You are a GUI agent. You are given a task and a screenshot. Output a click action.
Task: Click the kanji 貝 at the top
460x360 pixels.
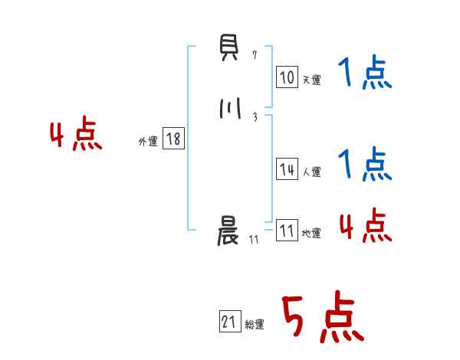click(x=228, y=54)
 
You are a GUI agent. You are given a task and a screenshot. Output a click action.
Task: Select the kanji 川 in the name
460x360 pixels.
click(x=228, y=108)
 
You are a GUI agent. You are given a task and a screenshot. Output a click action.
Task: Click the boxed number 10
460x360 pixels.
click(x=287, y=77)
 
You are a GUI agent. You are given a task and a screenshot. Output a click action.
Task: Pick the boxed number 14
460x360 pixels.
click(x=287, y=170)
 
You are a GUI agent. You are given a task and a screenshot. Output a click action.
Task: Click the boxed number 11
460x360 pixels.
click(x=287, y=231)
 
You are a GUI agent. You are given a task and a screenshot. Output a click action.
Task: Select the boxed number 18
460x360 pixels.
click(x=173, y=139)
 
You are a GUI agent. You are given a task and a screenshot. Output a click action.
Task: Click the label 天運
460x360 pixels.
click(x=311, y=80)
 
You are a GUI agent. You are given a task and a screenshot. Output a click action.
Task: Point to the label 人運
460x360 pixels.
click(x=311, y=172)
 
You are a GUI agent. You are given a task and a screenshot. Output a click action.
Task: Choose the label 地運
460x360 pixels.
click(x=311, y=233)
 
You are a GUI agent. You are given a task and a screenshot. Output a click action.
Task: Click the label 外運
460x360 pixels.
click(x=148, y=141)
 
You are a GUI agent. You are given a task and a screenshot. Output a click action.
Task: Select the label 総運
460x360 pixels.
click(x=255, y=325)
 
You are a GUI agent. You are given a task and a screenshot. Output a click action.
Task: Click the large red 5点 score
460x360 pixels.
click(x=322, y=318)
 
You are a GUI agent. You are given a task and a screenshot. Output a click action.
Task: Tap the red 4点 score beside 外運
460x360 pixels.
click(x=76, y=136)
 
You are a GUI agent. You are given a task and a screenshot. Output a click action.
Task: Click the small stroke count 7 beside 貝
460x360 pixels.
click(x=255, y=55)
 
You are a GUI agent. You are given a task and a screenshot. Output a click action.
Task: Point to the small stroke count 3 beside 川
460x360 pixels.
click(x=255, y=116)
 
